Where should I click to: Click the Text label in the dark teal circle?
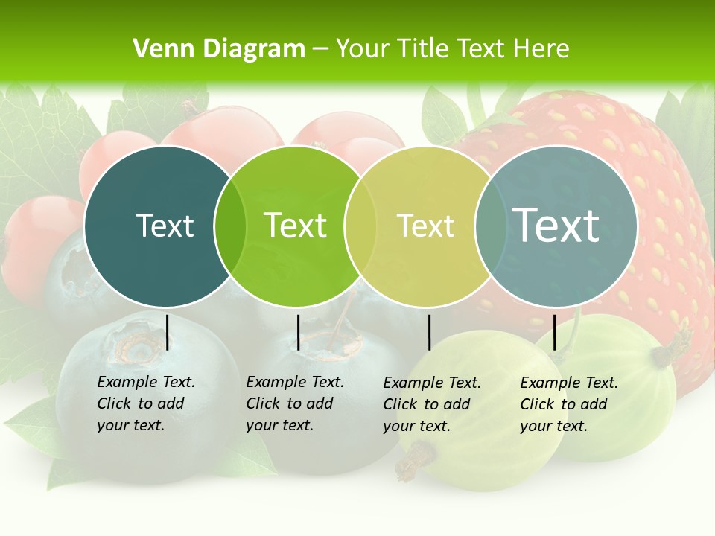pyautogui.click(x=165, y=226)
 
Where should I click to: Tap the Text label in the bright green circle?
pyautogui.click(x=295, y=226)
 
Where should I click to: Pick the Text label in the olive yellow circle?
pyautogui.click(x=425, y=226)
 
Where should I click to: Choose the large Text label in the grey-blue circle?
pyautogui.click(x=556, y=226)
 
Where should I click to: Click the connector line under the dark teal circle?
pyautogui.click(x=168, y=332)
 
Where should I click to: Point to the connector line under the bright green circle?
pyautogui.click(x=298, y=332)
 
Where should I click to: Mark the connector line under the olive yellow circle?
pyautogui.click(x=429, y=332)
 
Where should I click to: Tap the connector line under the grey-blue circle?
pyautogui.click(x=554, y=332)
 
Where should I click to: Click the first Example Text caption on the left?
pyautogui.click(x=145, y=403)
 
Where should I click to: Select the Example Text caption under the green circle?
pyautogui.click(x=294, y=403)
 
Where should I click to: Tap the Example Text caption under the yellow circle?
pyautogui.click(x=431, y=404)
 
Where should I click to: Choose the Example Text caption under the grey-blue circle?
pyautogui.click(x=568, y=404)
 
